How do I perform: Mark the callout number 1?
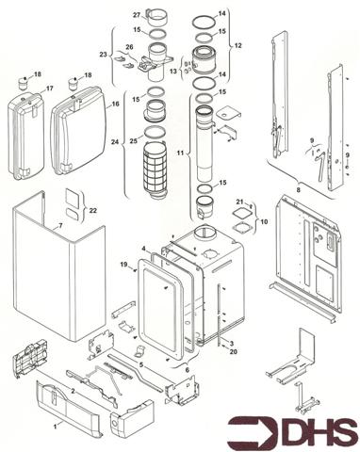coord(54,427)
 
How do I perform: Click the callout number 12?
coord(237,44)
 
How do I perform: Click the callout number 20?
coord(233,351)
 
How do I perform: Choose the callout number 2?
coord(73,389)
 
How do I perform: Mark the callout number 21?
coord(240,202)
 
